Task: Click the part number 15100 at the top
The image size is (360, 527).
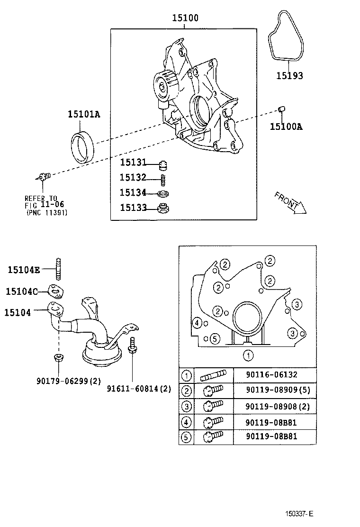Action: coord(185,18)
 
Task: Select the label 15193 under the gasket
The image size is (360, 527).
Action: coord(289,75)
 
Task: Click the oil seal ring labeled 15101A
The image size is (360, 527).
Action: coord(83,147)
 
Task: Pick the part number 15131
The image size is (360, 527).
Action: coord(133,163)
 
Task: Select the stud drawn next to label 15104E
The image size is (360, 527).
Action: coord(59,269)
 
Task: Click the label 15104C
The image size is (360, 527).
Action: coord(21,291)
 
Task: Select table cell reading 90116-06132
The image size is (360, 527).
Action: coord(271,375)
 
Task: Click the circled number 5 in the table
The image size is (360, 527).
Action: coord(187,436)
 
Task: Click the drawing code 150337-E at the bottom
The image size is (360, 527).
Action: coord(299,513)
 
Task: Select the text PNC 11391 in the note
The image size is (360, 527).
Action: coord(46,213)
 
